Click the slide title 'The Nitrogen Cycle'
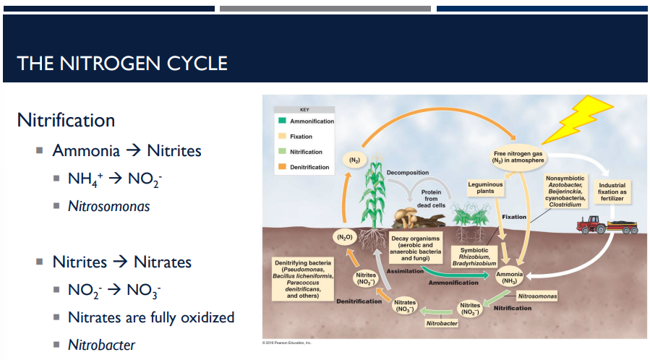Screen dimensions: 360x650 coord(122,64)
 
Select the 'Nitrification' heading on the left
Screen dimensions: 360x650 coord(66,119)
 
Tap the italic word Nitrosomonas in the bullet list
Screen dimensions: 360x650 coord(108,206)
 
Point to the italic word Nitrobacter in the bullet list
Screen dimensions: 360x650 coord(101,345)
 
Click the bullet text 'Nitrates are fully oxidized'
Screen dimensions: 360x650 coord(151,317)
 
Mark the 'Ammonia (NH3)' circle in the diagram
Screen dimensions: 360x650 coord(510,278)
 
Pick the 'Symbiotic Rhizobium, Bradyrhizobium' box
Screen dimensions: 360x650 coord(474,257)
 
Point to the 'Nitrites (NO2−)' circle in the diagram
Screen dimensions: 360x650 coord(471,309)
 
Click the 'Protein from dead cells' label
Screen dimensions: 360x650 coord(432,198)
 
